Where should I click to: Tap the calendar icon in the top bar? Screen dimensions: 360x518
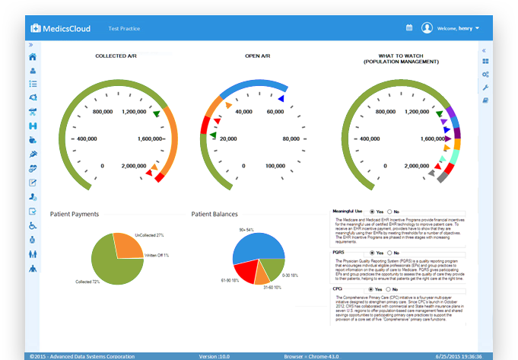[408, 28]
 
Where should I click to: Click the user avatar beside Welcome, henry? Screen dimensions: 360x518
[427, 28]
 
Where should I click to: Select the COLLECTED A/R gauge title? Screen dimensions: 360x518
[116, 56]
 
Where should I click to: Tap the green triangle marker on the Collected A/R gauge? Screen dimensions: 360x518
[156, 114]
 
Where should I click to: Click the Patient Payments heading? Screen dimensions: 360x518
[75, 215]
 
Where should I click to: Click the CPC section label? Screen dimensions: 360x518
[337, 289]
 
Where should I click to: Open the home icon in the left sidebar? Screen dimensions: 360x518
[32, 57]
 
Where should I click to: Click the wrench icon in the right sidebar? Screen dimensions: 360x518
[485, 87]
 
